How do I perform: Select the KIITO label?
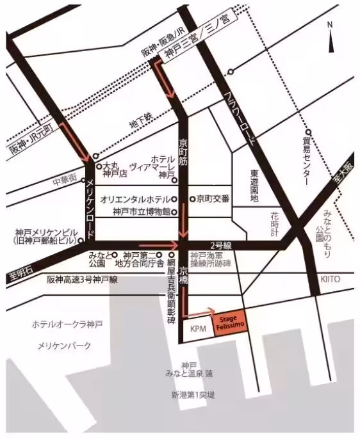[331, 280]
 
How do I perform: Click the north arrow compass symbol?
[331, 38]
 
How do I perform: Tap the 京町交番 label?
[214, 198]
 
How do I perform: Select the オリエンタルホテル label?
[134, 198]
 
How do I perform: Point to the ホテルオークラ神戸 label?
[67, 324]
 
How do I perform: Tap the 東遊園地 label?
[254, 186]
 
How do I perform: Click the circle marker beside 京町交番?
[192, 198]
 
